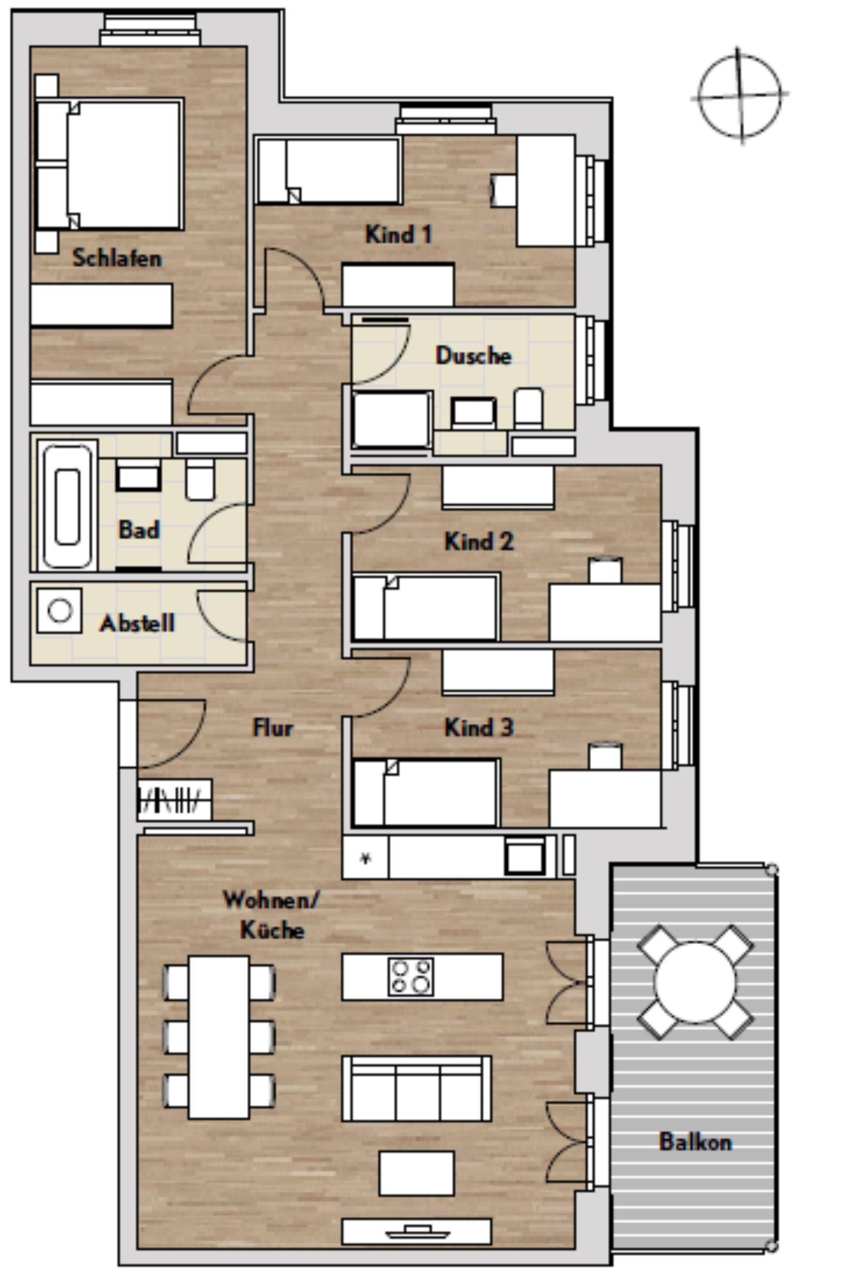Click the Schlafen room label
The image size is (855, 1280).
[x=117, y=258]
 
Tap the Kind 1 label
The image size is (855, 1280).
[x=399, y=234]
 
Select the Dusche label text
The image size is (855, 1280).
[x=473, y=355]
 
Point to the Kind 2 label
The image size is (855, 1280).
[x=479, y=541]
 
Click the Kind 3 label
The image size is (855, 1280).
[x=479, y=727]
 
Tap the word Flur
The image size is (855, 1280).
[x=273, y=727]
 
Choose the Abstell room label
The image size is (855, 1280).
[x=137, y=623]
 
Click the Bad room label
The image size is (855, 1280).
[x=139, y=529]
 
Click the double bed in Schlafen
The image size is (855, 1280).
[x=109, y=164]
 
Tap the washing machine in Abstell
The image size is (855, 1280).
[x=60, y=610]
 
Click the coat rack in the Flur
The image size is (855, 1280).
[x=175, y=800]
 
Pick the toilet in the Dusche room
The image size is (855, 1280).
[x=528, y=408]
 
